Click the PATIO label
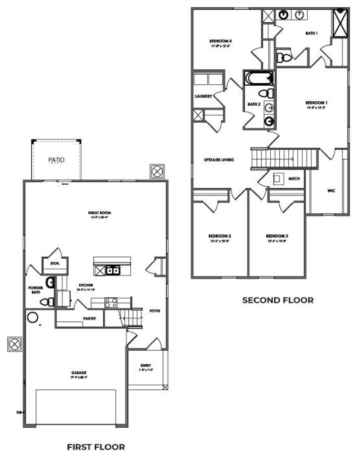click(56, 160)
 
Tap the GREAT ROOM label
click(99, 213)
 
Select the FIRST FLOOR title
click(96, 447)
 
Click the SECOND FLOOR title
click(278, 300)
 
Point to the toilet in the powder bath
click(47, 302)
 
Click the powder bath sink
click(50, 282)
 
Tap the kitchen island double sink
click(113, 270)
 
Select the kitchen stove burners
click(111, 303)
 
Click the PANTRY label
click(89, 319)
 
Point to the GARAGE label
click(79, 373)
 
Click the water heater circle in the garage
click(33, 317)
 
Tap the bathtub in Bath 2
click(259, 78)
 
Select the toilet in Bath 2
click(266, 93)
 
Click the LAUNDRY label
click(203, 96)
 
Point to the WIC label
click(331, 191)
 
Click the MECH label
click(294, 179)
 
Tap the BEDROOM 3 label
click(277, 236)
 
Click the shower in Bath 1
click(341, 23)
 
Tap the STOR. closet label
click(55, 263)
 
